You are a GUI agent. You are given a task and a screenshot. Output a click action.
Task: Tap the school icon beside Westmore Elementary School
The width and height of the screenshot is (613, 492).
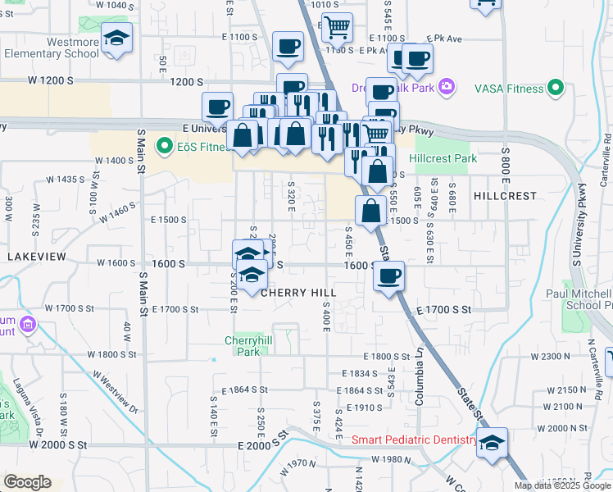tap(117, 38)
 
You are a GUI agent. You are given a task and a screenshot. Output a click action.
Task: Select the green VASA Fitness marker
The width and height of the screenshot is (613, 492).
tap(556, 88)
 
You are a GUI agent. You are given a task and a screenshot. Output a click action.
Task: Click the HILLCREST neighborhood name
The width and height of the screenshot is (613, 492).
tap(505, 196)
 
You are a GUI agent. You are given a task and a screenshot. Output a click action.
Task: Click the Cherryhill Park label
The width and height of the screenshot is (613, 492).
tap(243, 345)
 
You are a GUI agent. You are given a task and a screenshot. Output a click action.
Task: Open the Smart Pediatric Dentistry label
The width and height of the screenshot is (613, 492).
tap(414, 440)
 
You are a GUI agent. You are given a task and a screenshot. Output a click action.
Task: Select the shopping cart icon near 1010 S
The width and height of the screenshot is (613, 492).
tap(336, 27)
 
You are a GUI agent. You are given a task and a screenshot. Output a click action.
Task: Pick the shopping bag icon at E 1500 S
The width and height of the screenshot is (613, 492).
tap(371, 210)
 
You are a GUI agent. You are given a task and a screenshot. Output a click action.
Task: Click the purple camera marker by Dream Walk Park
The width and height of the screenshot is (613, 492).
tap(447, 86)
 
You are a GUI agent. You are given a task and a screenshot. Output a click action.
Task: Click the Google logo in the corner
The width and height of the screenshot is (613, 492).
tap(27, 482)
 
